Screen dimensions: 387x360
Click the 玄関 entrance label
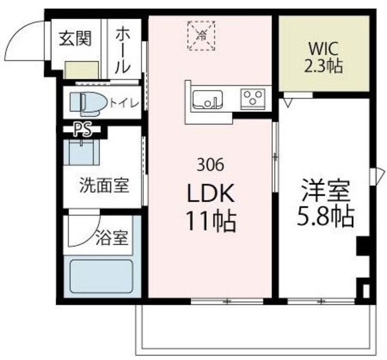click(x=75, y=39)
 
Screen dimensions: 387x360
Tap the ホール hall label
click(x=123, y=51)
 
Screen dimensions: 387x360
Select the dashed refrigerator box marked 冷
click(x=201, y=36)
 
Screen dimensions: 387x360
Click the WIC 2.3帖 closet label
click(x=324, y=57)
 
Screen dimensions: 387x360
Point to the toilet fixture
click(x=88, y=104)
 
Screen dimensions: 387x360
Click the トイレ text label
click(x=125, y=103)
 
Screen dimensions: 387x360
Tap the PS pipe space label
click(x=83, y=129)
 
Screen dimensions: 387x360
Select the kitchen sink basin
click(x=207, y=100)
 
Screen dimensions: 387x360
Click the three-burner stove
click(x=253, y=98)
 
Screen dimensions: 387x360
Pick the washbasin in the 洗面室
click(x=82, y=152)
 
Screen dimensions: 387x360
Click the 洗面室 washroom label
click(x=104, y=185)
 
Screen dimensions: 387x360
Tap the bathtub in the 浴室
click(x=102, y=276)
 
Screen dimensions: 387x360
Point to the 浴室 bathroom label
click(x=112, y=238)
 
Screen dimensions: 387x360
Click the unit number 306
click(x=210, y=165)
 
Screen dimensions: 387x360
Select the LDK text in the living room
click(x=211, y=193)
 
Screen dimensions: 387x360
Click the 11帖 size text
click(x=211, y=220)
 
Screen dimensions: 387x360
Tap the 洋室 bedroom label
click(x=326, y=191)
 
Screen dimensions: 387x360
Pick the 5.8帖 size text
click(x=325, y=216)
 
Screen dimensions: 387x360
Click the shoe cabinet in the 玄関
click(x=82, y=70)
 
